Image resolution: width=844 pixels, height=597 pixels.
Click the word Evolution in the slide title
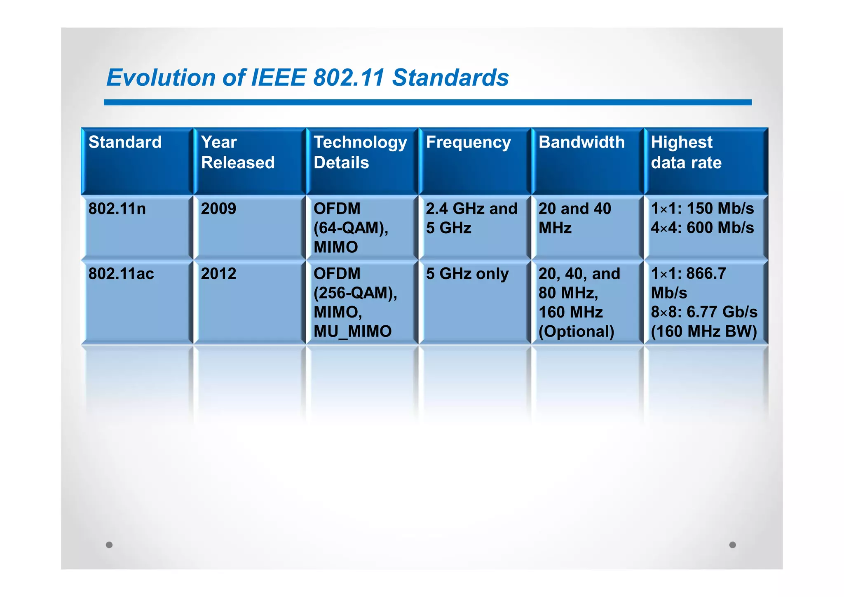tap(161, 78)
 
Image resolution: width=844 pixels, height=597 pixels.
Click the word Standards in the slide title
tap(450, 78)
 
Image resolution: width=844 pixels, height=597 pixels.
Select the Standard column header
tap(125, 142)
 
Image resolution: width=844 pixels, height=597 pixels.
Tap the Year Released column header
tap(237, 152)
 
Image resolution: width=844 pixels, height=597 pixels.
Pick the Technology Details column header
tap(360, 152)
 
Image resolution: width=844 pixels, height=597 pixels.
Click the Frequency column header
tap(468, 142)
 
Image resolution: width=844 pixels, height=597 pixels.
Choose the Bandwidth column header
tap(581, 142)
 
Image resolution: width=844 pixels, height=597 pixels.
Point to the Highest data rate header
tap(686, 152)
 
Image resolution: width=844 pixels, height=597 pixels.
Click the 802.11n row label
tap(117, 209)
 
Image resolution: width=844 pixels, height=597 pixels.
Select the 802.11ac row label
tap(121, 274)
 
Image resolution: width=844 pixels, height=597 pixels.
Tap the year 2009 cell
tap(218, 209)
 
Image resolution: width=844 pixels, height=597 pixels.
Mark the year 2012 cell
tap(218, 274)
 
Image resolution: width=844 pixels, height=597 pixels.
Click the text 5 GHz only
tap(467, 274)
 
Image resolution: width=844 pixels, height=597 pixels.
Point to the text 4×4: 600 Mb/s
tap(702, 228)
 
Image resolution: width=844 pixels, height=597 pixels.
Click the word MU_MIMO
tap(352, 331)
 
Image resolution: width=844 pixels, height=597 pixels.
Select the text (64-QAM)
tap(350, 228)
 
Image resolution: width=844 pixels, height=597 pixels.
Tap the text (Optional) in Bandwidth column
tap(576, 331)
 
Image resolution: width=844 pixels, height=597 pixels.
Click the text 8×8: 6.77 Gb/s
tap(704, 312)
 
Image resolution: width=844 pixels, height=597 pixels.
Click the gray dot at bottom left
tap(109, 545)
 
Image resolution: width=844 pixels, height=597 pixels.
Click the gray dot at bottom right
tap(732, 545)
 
